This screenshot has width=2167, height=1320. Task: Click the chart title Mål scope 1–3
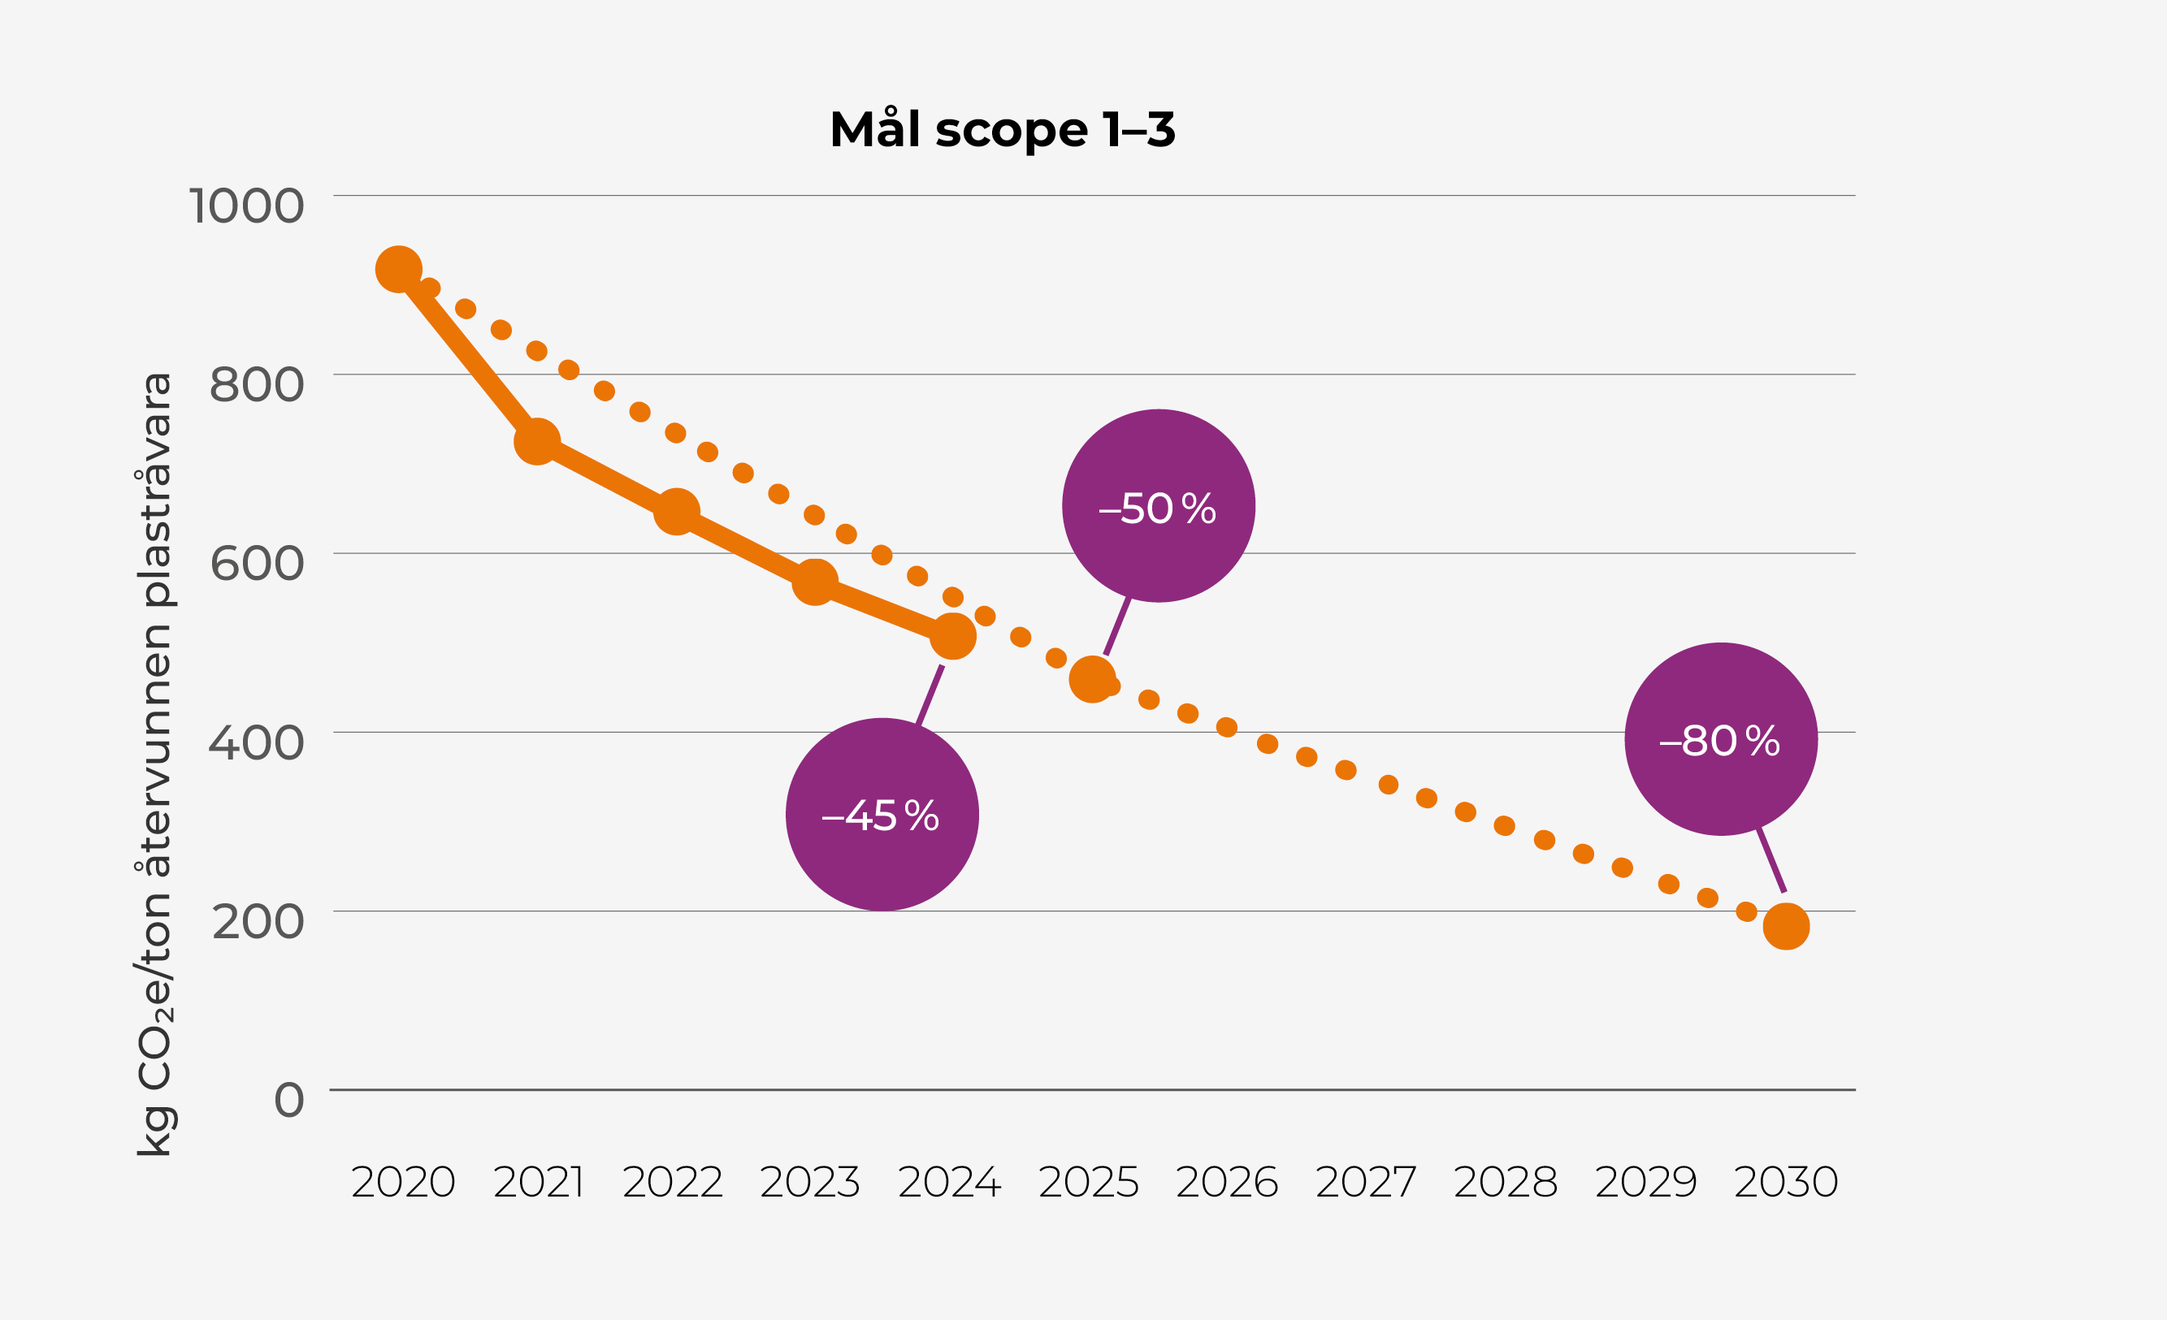coord(1002,130)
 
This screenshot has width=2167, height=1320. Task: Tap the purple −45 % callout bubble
coord(882,814)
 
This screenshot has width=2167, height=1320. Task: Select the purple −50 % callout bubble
coord(1159,507)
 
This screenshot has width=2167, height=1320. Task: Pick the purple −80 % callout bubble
coord(1721,739)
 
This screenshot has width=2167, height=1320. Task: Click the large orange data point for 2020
coord(398,269)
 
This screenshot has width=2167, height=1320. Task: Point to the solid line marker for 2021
coord(536,441)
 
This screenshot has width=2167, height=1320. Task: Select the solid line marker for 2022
coord(676,511)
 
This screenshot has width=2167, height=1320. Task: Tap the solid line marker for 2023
coord(814,582)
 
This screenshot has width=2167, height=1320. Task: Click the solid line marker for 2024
coord(952,636)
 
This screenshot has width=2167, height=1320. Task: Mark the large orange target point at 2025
coord(1091,679)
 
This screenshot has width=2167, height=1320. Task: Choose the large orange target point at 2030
coord(1786,926)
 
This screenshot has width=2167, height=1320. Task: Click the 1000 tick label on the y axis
coord(246,206)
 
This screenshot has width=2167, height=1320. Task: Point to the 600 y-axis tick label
coord(257,564)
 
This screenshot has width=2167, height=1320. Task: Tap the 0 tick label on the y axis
coord(289,1100)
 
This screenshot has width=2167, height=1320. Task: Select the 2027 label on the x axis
coord(1366,1183)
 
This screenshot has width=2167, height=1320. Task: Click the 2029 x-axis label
coord(1645,1183)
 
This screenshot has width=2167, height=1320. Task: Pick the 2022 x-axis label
coord(673,1183)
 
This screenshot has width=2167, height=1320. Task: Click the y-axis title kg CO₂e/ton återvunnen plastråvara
coord(154,764)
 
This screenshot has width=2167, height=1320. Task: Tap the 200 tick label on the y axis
coord(258,922)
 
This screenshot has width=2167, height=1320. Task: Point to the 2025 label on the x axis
coord(1089,1183)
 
